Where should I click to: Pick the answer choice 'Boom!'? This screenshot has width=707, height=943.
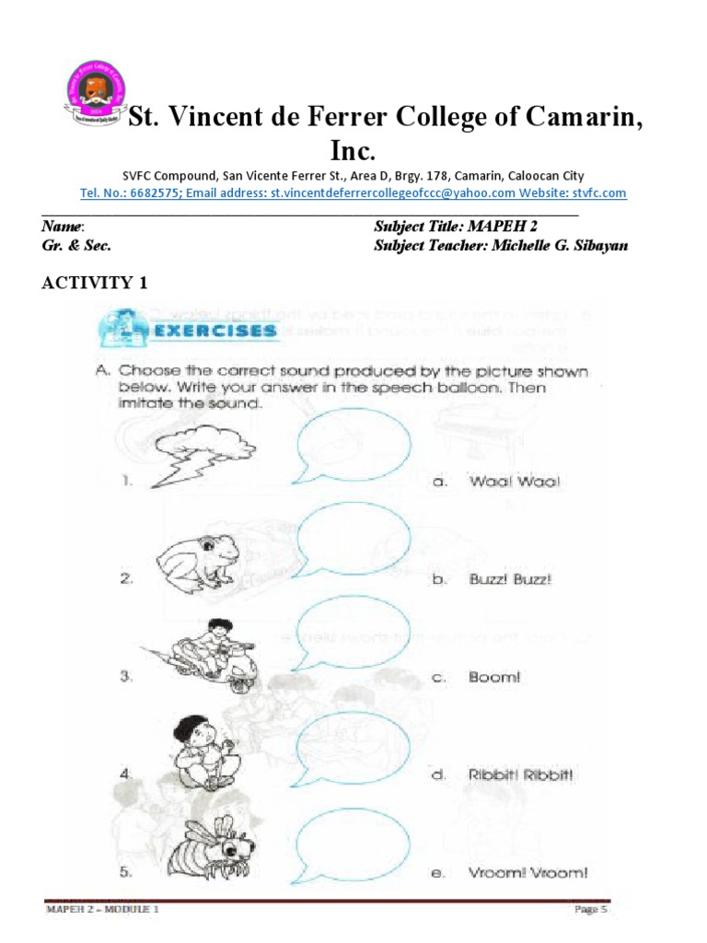point(495,677)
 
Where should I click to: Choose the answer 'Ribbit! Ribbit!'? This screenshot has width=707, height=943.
point(521,775)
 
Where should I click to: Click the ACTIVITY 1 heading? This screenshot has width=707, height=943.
point(94,283)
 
